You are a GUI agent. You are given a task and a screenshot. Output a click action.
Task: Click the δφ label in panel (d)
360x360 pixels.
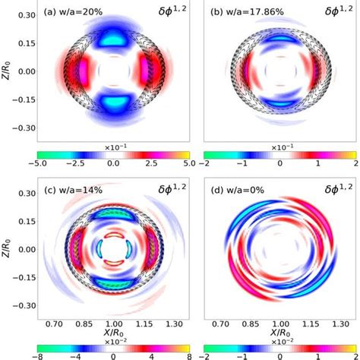point(329,190)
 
